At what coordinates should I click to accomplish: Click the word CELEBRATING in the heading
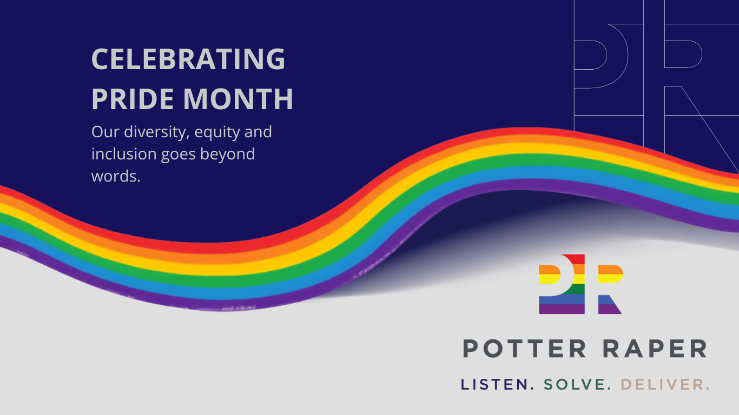tap(188, 59)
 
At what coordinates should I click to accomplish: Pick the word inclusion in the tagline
tap(124, 153)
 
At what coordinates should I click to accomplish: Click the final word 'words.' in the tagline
tap(116, 176)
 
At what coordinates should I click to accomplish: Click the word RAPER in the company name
tap(655, 349)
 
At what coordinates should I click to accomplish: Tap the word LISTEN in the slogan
tap(497, 384)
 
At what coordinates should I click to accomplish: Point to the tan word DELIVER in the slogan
tap(665, 384)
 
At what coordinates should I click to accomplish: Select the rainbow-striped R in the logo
tap(610, 289)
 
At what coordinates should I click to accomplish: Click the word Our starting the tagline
tap(105, 132)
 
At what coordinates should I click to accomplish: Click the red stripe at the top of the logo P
tap(575, 259)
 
